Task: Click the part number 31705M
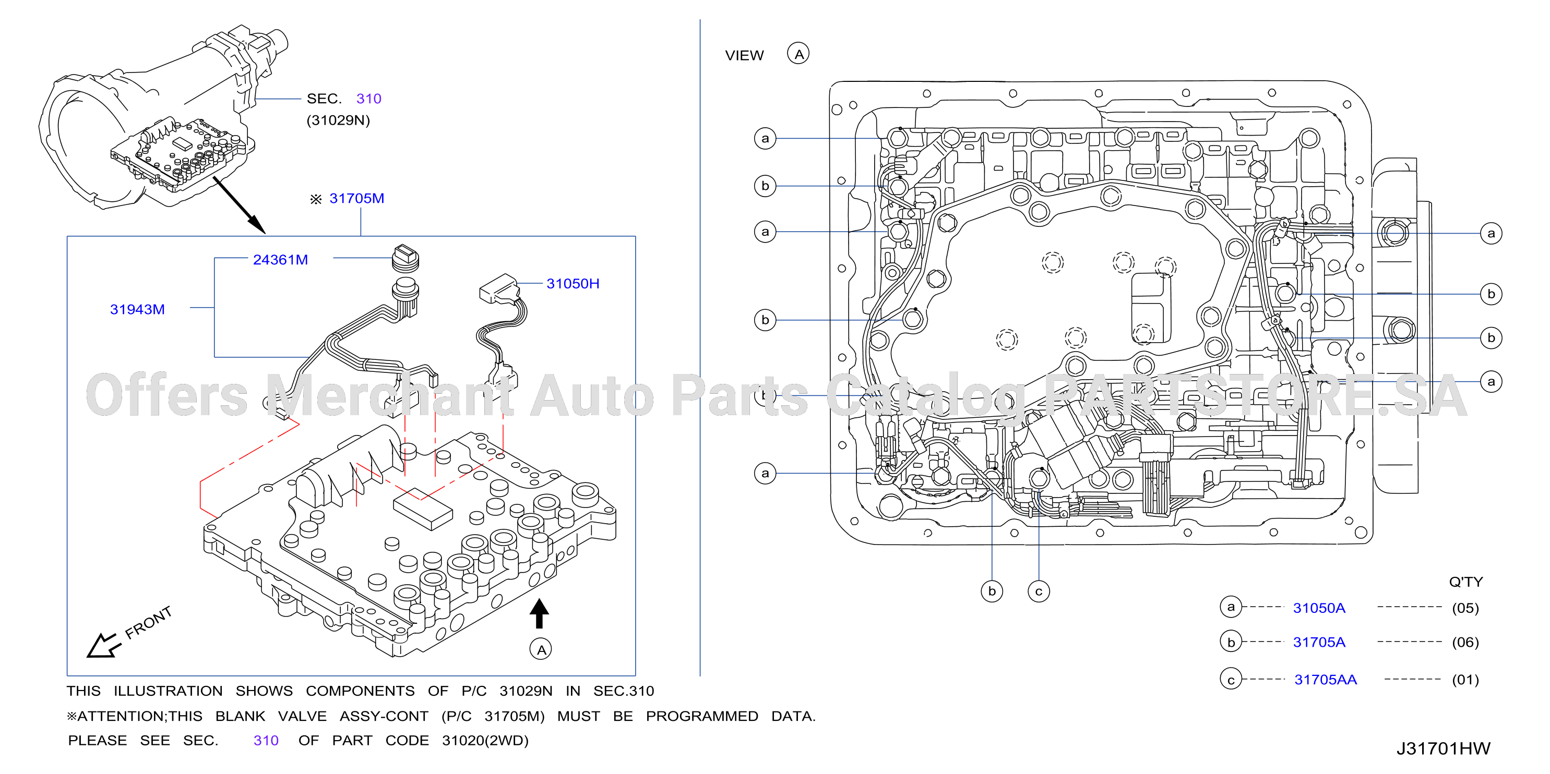coord(356,199)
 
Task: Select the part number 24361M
coord(280,260)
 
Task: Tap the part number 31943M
coord(137,310)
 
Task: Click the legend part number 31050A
coord(1319,608)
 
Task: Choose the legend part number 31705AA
coord(1326,680)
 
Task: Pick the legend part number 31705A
coord(1319,642)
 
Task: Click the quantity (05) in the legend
coord(1465,608)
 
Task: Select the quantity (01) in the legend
coord(1465,680)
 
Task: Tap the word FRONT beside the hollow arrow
coord(149,622)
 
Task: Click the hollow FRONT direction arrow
coord(103,646)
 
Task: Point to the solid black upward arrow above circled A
coord(539,613)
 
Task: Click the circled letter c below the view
coord(1039,591)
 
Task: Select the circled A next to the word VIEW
coord(798,54)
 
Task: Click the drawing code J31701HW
coord(1443,749)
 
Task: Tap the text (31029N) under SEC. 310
coord(338,120)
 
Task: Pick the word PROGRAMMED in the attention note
coord(701,716)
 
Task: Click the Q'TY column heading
coord(1466,582)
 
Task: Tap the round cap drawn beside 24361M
coord(406,259)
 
